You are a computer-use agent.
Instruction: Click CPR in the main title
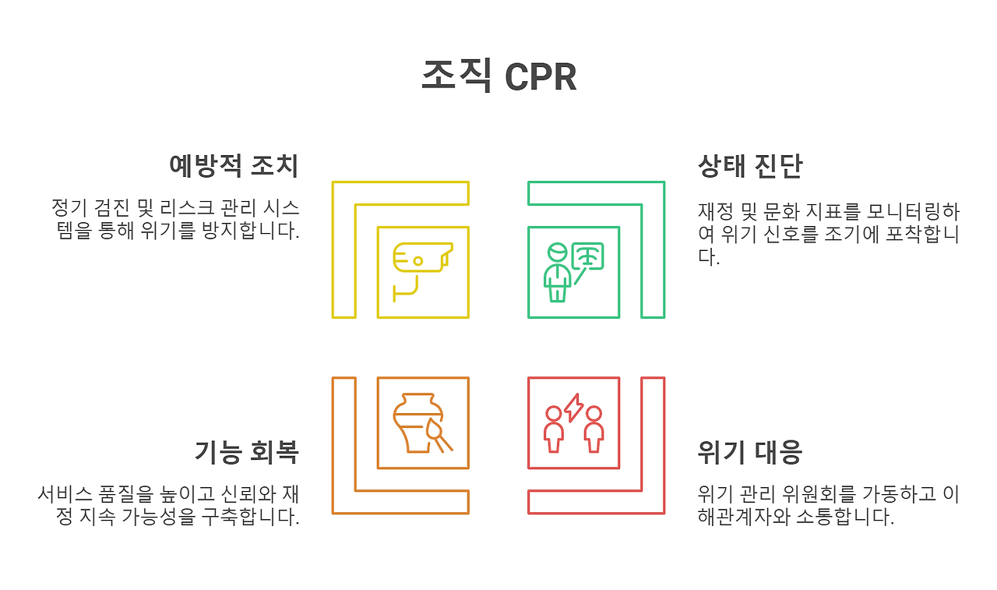540,77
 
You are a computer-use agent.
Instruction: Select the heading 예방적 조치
234,166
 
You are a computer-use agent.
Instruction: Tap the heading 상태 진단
750,166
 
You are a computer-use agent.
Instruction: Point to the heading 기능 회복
246,452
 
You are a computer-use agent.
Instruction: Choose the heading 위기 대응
750,452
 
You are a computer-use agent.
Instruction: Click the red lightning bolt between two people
573,408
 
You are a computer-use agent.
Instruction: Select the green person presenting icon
556,272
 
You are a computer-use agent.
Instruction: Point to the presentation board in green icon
588,256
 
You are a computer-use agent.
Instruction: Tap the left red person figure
554,429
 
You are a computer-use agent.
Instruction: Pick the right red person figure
594,429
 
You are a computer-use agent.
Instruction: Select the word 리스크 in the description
185,208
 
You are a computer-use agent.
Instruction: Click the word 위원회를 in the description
826,494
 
